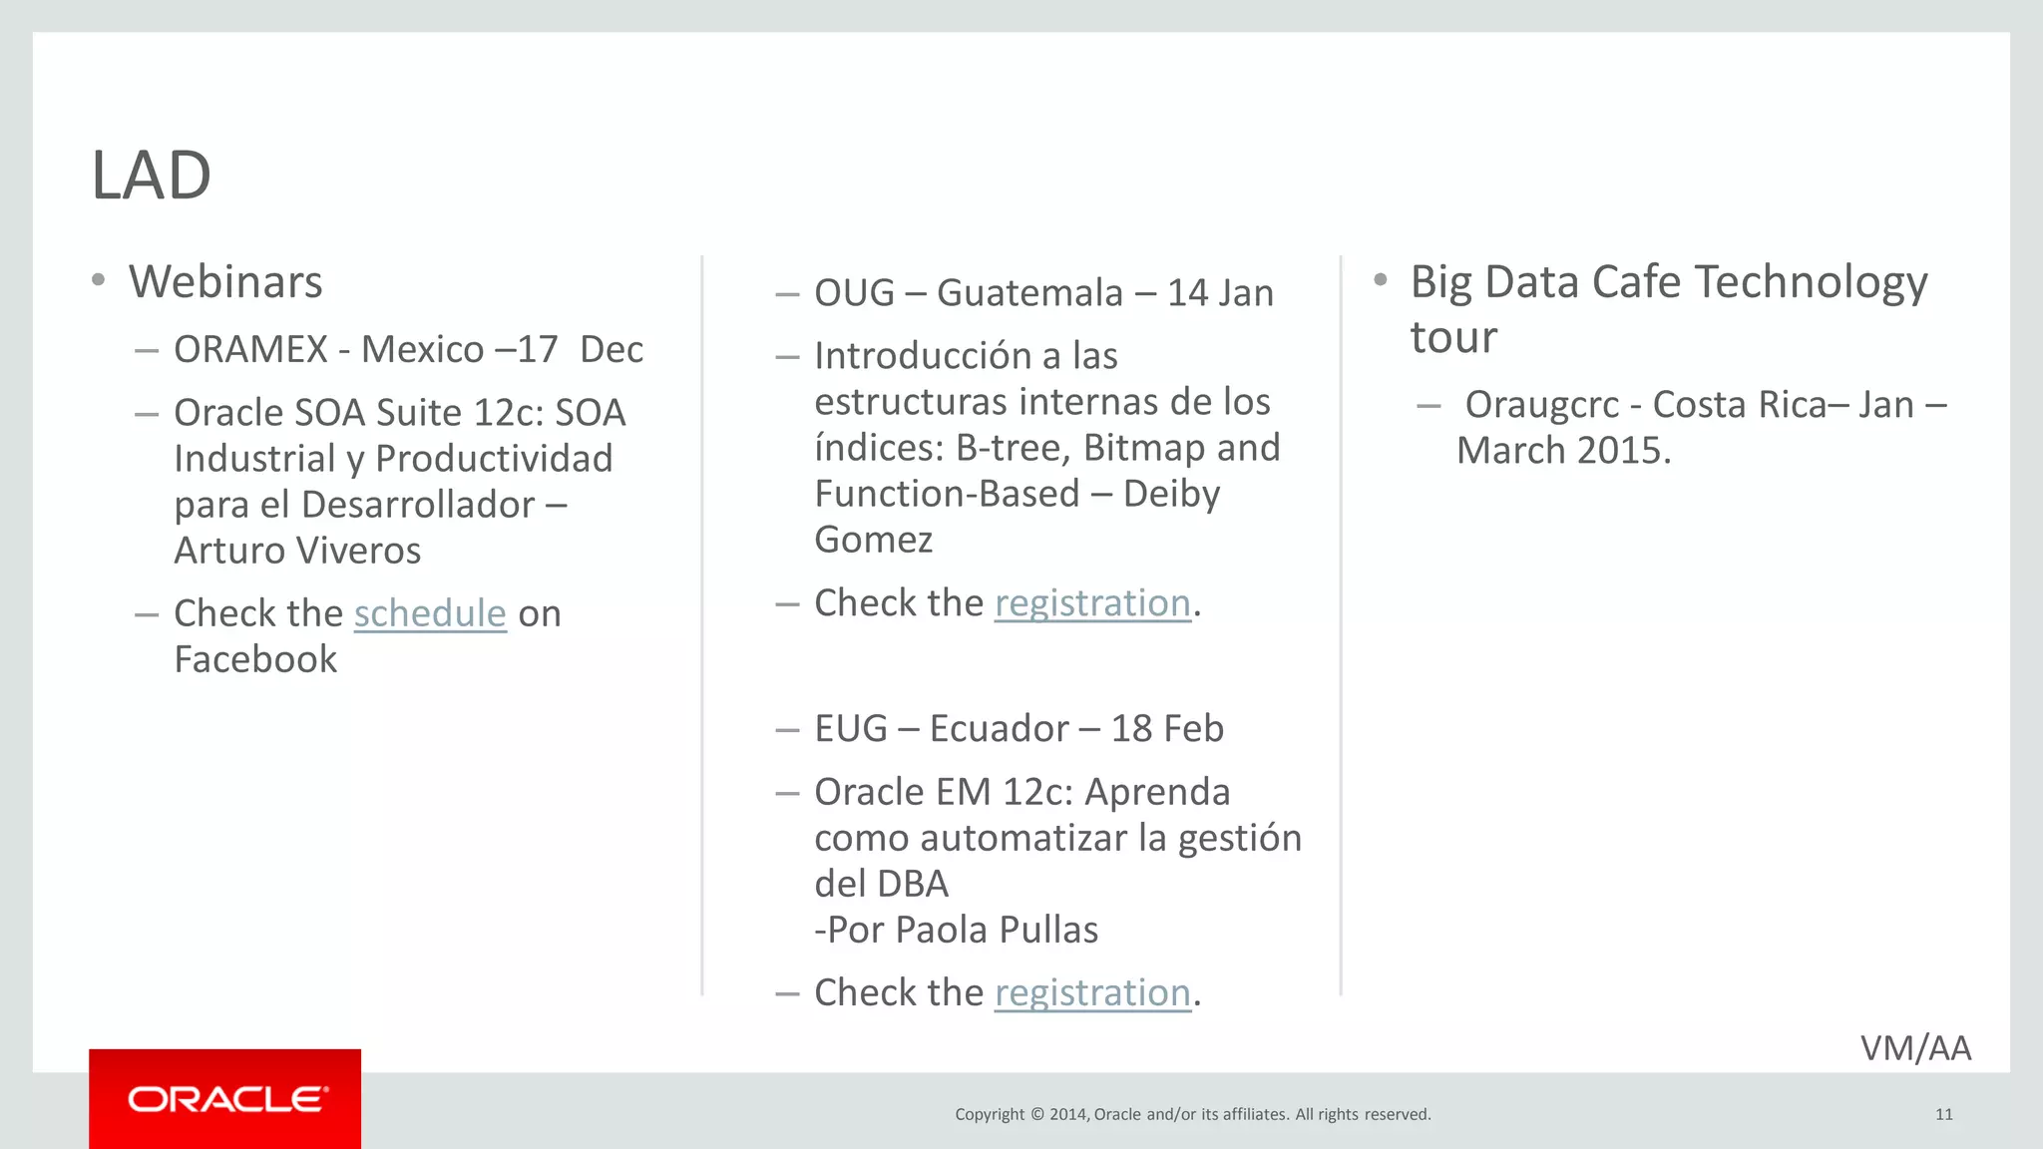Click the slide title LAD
[151, 176]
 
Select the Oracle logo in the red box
[225, 1099]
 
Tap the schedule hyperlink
[430, 613]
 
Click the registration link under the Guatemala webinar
[1092, 603]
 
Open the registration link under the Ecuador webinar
[1092, 993]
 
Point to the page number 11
[1943, 1114]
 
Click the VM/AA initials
[1915, 1048]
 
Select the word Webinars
[225, 282]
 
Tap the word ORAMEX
[250, 350]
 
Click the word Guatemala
[1029, 293]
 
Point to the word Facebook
[255, 659]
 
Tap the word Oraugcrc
[1541, 405]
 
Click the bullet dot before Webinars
[98, 280]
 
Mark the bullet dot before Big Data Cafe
[1380, 280]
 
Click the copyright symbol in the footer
[1036, 1114]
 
